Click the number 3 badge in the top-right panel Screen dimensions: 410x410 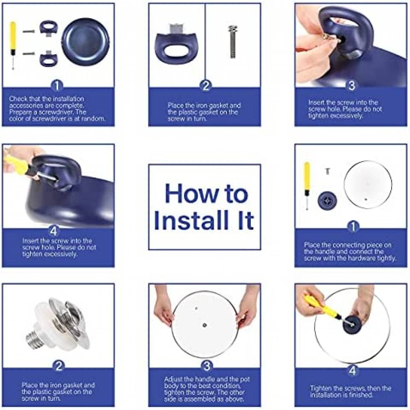click(352, 86)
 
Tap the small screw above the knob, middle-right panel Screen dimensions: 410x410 click(327, 171)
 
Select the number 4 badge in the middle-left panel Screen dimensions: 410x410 click(53, 231)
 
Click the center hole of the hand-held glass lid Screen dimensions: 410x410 click(204, 325)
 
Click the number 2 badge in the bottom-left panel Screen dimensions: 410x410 click(59, 366)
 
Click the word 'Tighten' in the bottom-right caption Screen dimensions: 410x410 click(320, 388)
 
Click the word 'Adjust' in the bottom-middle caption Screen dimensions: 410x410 click(174, 379)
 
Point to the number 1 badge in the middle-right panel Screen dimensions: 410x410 click(353, 227)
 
